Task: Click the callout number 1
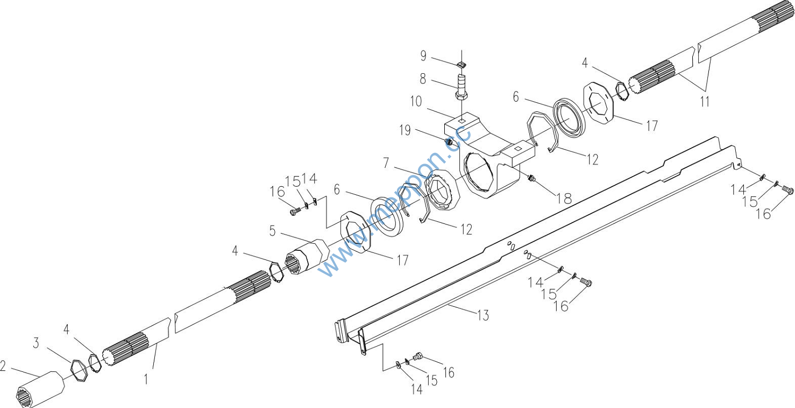click(x=145, y=379)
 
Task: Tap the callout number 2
click(x=3, y=367)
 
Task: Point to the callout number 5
click(x=273, y=231)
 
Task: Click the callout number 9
click(x=423, y=55)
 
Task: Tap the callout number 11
click(x=705, y=101)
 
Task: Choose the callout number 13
click(x=483, y=315)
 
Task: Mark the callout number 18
click(x=564, y=198)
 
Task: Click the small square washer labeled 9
click(x=462, y=65)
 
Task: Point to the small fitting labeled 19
click(x=449, y=142)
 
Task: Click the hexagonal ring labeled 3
click(x=80, y=370)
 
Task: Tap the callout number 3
click(x=36, y=343)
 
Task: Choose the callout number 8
click(x=423, y=79)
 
